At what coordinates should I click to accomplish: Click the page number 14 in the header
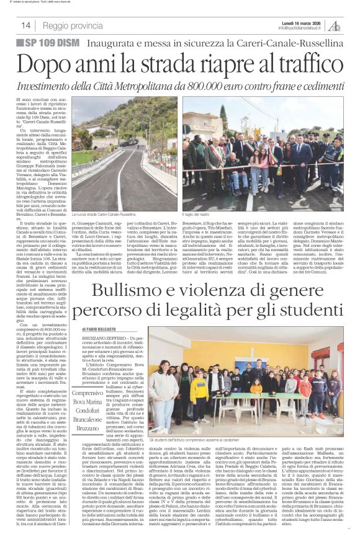(x=26, y=25)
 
